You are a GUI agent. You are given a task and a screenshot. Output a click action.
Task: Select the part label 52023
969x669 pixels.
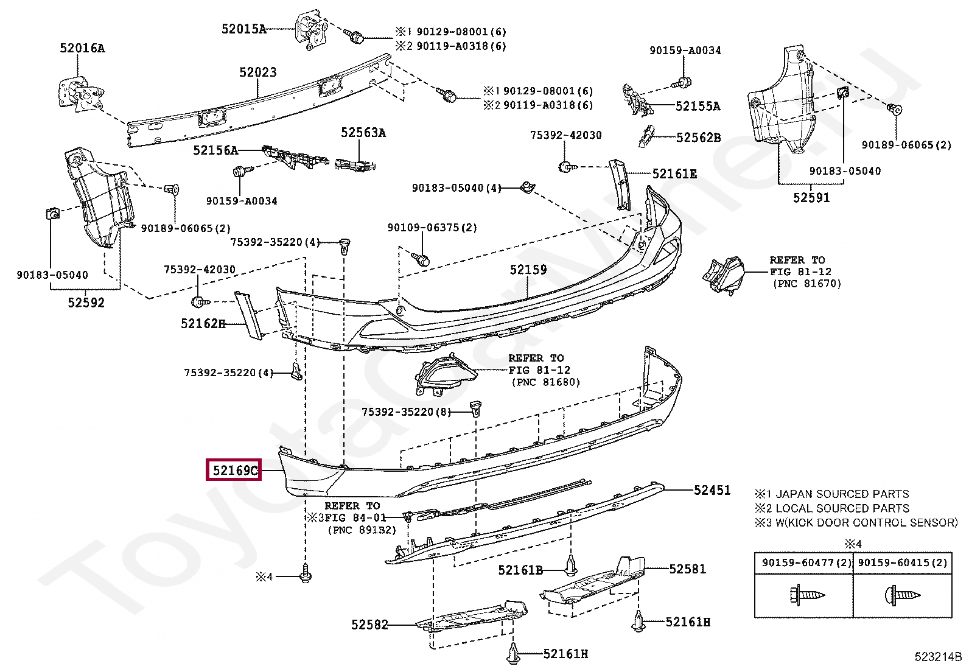click(x=257, y=72)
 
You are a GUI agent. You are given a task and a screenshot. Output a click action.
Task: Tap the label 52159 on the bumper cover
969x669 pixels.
click(x=528, y=270)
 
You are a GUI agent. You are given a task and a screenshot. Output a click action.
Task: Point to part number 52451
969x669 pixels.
click(x=712, y=490)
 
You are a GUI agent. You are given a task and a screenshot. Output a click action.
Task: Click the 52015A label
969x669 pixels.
click(x=243, y=29)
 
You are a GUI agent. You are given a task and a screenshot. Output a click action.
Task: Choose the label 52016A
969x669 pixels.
click(x=82, y=47)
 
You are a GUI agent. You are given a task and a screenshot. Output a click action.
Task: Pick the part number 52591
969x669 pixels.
click(x=811, y=198)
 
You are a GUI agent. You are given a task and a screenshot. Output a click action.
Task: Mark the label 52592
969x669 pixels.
click(x=86, y=303)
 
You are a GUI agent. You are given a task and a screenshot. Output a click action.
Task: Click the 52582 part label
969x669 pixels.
click(x=369, y=625)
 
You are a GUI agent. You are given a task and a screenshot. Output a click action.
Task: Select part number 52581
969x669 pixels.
click(x=687, y=569)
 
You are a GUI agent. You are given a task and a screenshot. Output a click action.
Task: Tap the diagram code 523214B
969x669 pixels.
click(x=938, y=657)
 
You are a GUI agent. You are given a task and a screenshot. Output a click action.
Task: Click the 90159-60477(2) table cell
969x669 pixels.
click(x=803, y=563)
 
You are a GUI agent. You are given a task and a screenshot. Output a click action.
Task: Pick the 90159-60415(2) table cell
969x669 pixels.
click(x=903, y=563)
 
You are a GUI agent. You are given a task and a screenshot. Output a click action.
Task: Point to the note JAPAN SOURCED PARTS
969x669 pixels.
click(x=838, y=494)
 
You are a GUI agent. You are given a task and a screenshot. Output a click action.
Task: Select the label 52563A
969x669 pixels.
click(x=363, y=133)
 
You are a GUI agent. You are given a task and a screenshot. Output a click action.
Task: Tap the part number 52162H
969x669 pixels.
click(x=203, y=324)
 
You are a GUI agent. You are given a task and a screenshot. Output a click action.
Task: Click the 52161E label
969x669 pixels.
click(x=674, y=174)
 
